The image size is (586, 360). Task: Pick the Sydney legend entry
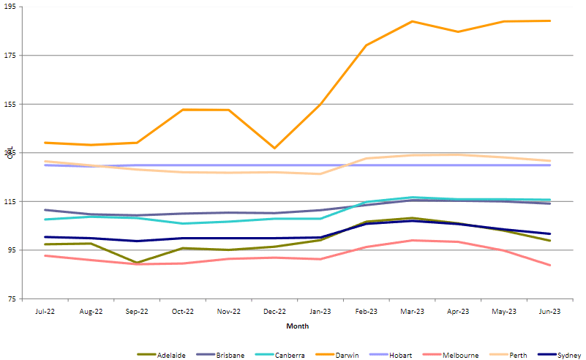tap(568, 355)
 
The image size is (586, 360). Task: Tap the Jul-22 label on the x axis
tap(45, 311)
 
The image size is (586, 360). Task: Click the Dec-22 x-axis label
tap(274, 311)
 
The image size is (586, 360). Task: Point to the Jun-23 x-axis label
tap(549, 311)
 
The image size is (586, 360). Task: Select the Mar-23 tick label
tap(412, 311)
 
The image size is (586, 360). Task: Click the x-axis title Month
tap(297, 326)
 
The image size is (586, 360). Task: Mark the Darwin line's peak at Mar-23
tap(412, 21)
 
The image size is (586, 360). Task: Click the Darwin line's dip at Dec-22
tap(274, 149)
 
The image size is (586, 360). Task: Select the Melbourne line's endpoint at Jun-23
tap(549, 266)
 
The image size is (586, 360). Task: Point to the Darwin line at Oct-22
tap(183, 110)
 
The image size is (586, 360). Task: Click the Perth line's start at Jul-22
tap(45, 161)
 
